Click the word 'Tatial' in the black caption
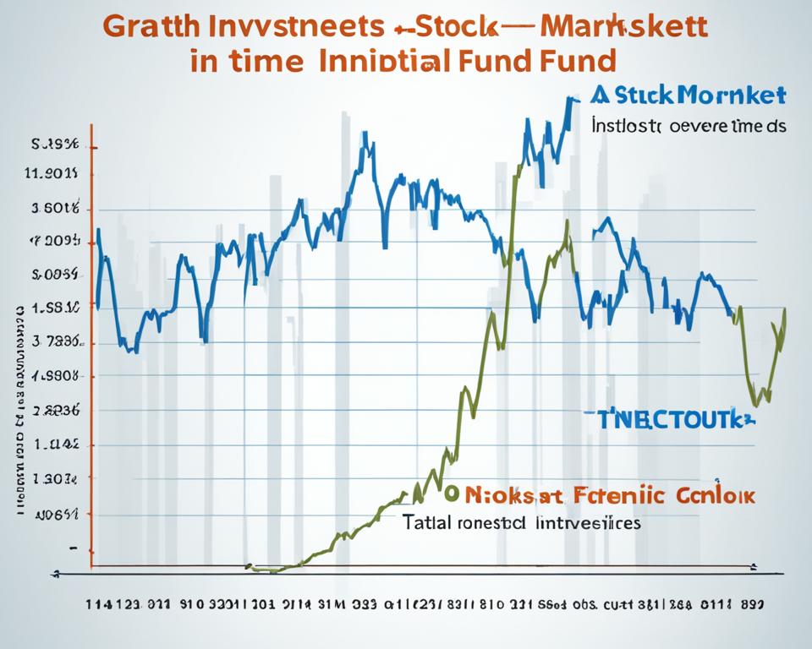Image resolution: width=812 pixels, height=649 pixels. pos(427,522)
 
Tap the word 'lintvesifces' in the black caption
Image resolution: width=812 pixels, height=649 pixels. pos(589,522)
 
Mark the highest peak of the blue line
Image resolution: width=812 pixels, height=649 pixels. pos(568,100)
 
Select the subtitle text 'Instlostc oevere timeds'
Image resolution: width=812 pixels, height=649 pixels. pos(687,126)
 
